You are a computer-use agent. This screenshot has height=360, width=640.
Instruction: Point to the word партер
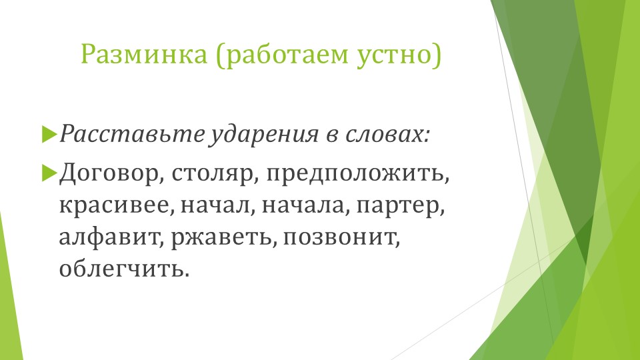click(399, 205)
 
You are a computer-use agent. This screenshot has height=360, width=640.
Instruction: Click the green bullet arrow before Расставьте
click(48, 134)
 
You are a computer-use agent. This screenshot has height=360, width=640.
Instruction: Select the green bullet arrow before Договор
click(48, 173)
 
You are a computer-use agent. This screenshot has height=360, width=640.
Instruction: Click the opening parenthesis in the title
click(219, 55)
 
